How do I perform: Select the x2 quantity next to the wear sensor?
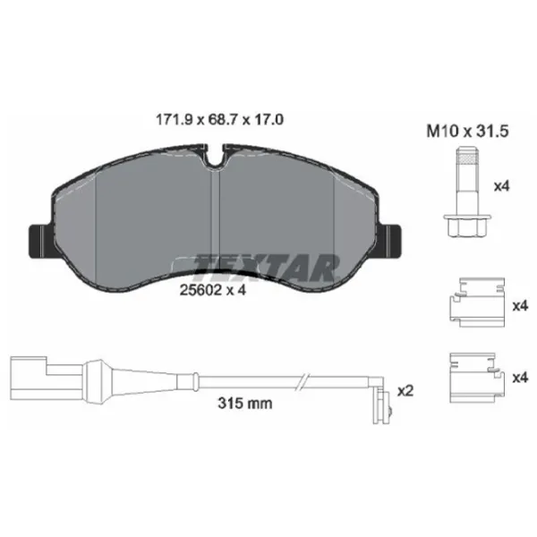point(405,391)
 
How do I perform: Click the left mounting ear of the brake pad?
point(38,238)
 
